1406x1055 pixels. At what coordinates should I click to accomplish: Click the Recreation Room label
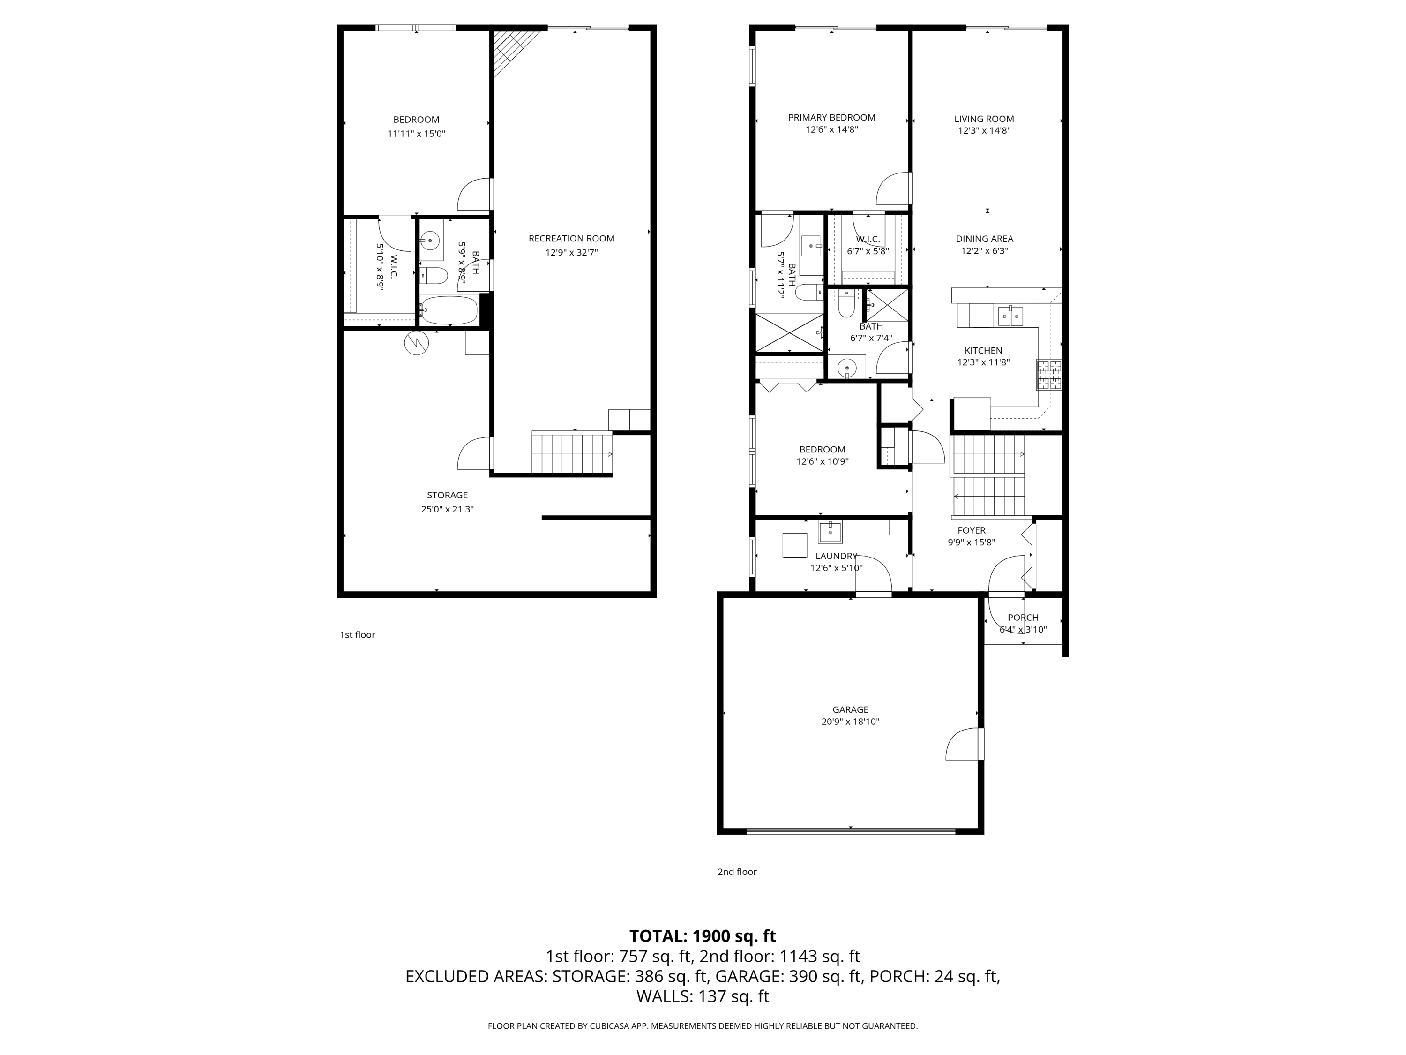point(571,239)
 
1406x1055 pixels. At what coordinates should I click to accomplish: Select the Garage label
point(851,710)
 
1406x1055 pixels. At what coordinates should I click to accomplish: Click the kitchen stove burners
point(1049,375)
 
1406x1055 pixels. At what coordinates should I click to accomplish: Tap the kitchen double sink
point(1010,316)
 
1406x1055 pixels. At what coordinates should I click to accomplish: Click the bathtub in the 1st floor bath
point(448,310)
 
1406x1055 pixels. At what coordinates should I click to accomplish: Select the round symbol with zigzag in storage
point(416,343)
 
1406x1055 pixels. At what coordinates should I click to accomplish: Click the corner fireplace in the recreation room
point(515,53)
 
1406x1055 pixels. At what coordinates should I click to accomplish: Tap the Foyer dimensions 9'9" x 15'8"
point(971,543)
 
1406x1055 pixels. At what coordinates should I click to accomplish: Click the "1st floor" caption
point(357,635)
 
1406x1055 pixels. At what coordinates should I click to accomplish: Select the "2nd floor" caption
point(737,872)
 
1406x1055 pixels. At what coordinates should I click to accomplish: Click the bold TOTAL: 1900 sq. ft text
point(703,936)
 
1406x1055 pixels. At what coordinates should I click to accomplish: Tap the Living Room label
point(984,119)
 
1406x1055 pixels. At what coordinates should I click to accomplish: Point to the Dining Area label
point(985,239)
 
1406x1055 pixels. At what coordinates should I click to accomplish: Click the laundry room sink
point(830,532)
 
